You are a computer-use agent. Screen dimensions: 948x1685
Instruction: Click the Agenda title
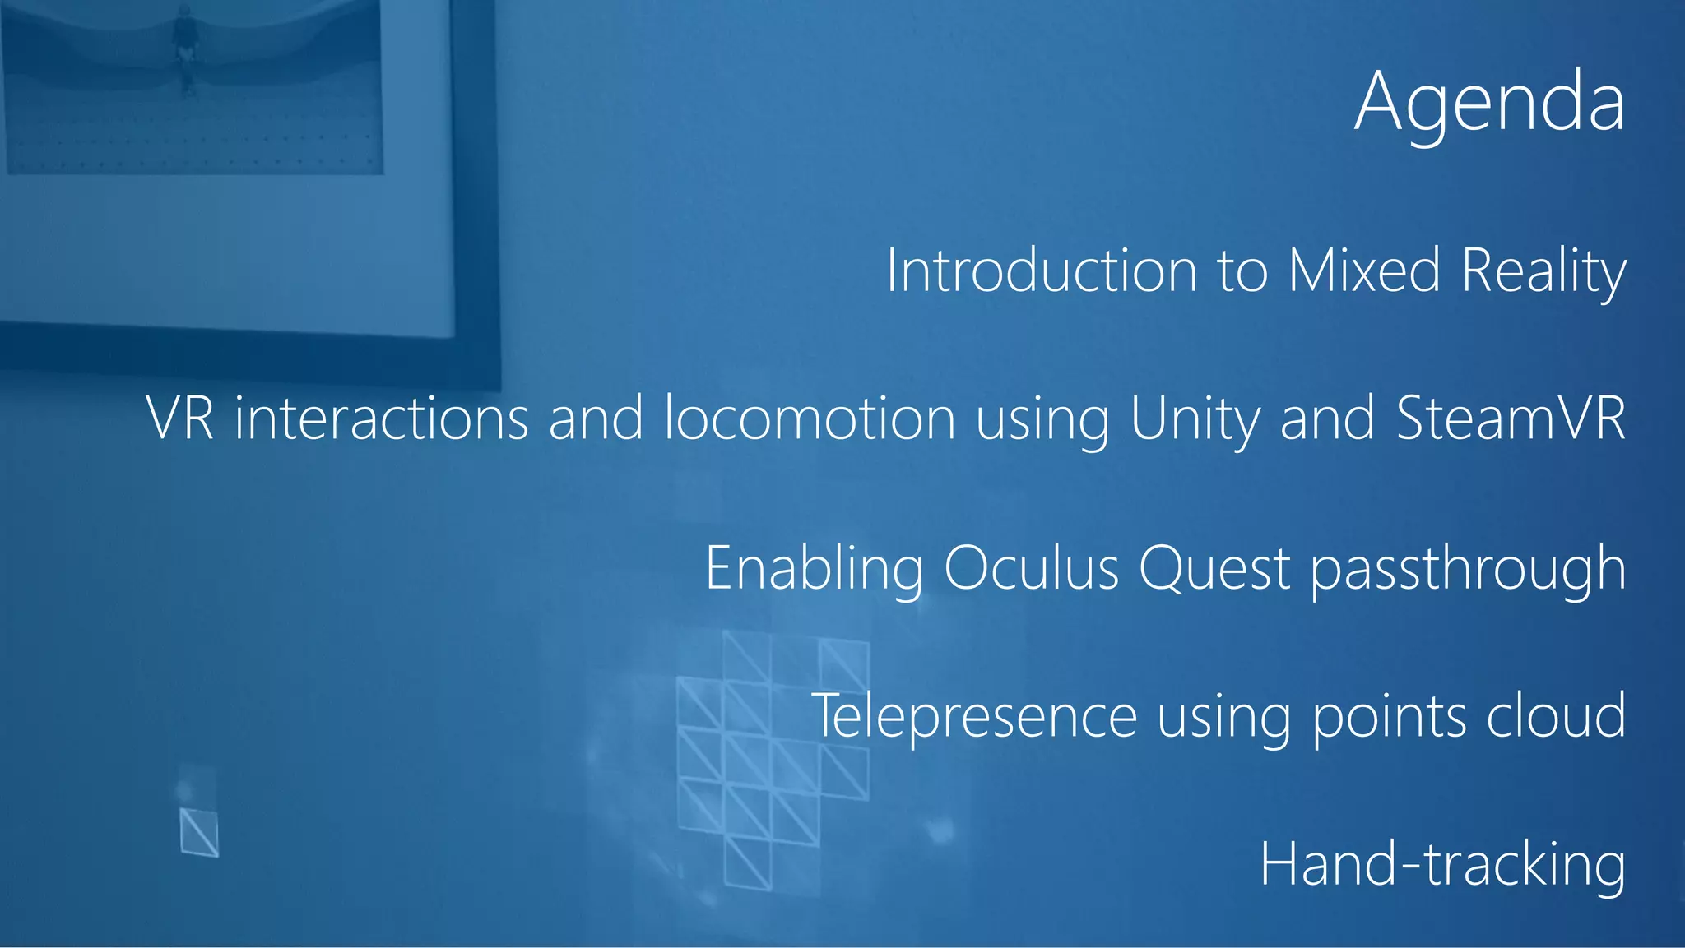click(x=1489, y=103)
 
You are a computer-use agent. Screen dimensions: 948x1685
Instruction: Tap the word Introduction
click(x=1041, y=271)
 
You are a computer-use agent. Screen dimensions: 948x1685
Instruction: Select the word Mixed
click(x=1363, y=271)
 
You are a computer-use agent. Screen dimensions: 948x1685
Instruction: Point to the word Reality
click(x=1543, y=272)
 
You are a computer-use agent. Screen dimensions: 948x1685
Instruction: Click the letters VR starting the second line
click(x=180, y=419)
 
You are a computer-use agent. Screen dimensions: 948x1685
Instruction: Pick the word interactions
click(x=381, y=419)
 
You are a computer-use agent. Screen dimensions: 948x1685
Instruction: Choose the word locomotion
click(x=810, y=419)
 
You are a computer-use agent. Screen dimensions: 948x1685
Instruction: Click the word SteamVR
click(x=1511, y=419)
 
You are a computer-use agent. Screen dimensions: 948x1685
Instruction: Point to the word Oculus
click(x=1031, y=567)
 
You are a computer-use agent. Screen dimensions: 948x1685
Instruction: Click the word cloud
click(x=1556, y=715)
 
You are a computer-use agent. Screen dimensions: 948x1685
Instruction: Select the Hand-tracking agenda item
click(x=1442, y=865)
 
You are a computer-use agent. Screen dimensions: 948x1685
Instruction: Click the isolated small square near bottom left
click(x=199, y=832)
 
